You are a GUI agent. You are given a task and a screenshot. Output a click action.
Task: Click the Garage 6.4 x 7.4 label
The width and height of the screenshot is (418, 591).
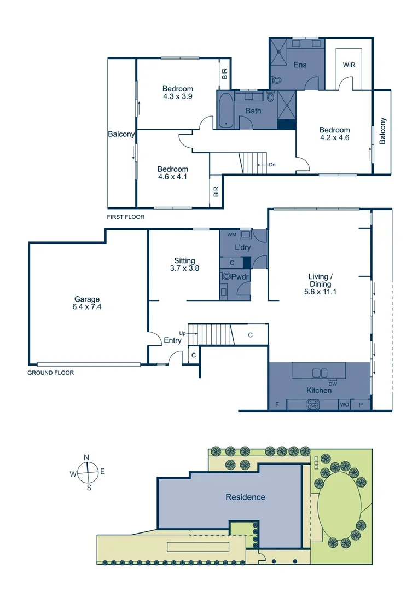point(88,303)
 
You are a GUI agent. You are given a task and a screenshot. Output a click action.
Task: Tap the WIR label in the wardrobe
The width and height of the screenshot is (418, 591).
point(349,65)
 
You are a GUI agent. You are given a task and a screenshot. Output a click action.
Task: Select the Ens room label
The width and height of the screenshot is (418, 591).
point(300,65)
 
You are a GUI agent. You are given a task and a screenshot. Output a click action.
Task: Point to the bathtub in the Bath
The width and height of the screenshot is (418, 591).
point(225,110)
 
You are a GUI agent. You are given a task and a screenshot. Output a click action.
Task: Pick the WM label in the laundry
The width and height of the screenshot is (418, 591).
point(231,235)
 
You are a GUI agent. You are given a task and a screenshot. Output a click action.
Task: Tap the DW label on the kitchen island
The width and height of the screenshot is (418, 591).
point(332,383)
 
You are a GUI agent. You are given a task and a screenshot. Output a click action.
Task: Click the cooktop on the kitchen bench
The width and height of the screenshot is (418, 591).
point(313,405)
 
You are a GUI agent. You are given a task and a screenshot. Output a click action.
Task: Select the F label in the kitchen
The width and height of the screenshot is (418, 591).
point(277,405)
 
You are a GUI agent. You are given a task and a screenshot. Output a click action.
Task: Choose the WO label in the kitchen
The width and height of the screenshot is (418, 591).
point(345,405)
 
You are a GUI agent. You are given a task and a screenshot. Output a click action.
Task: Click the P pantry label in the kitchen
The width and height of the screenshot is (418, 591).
point(361,405)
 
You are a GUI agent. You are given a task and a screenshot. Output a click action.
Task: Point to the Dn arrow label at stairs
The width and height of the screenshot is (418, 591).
point(272,164)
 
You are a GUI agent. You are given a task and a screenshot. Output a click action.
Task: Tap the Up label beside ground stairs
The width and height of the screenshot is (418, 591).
point(182,333)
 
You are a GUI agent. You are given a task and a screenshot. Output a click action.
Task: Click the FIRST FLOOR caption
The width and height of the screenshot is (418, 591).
point(126,217)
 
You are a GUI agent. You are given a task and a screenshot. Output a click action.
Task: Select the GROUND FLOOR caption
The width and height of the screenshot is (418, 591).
point(50,373)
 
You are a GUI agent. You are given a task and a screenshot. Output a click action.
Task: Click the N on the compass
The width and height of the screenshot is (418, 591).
point(86,458)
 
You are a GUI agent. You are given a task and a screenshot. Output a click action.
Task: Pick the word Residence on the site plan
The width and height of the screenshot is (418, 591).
point(246,497)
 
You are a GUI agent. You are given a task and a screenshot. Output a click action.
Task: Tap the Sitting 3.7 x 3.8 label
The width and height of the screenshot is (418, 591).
point(184,265)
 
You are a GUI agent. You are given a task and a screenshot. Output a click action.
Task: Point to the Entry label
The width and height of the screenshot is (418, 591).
point(172,340)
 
